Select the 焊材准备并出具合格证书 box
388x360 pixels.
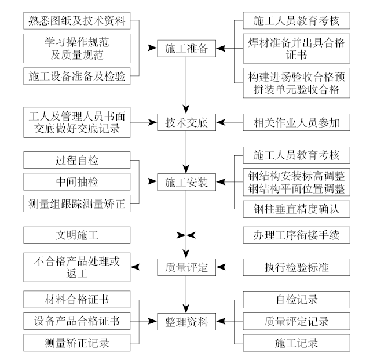click(297, 49)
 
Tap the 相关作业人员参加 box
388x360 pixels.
click(297, 122)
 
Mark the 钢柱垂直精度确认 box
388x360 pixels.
click(297, 209)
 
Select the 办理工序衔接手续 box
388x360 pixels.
click(297, 235)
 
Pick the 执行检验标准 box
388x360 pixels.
click(297, 267)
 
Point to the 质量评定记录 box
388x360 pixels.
click(297, 320)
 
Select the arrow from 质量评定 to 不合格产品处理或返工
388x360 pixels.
click(145, 267)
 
